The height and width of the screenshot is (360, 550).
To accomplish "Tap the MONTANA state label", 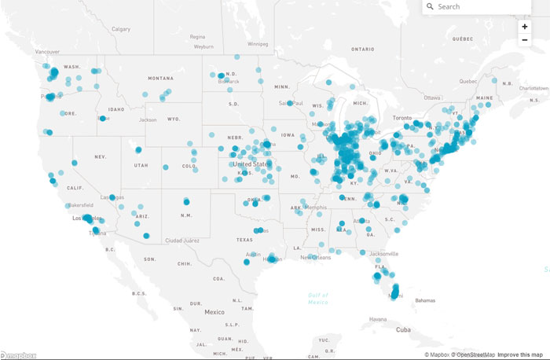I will click(x=159, y=79).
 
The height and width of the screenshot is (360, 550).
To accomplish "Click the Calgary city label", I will click(x=121, y=29).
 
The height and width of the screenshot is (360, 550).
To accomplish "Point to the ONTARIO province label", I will click(x=363, y=49).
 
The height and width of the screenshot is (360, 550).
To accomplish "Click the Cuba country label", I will click(x=404, y=330).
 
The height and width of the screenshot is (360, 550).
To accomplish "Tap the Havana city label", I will click(x=379, y=319).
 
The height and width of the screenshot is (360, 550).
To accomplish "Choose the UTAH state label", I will click(x=141, y=165).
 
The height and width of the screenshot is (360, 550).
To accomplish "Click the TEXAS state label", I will click(x=244, y=240).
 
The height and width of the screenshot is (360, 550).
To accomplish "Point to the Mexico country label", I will click(x=214, y=312).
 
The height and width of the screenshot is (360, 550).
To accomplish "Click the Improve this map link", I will click(x=522, y=355).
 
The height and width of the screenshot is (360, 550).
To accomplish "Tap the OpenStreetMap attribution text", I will click(x=473, y=355).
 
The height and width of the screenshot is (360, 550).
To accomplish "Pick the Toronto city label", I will click(x=401, y=117).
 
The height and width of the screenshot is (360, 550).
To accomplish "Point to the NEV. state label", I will click(x=101, y=157).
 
